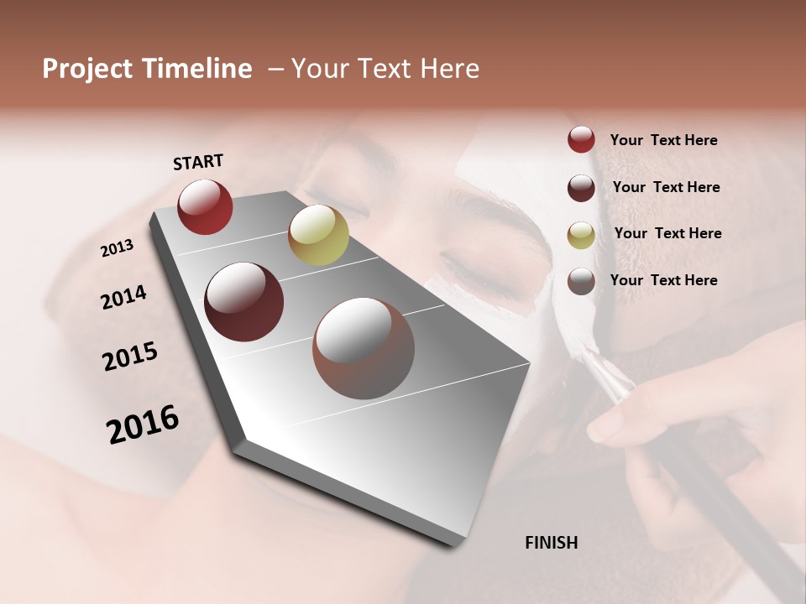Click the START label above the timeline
click(198, 162)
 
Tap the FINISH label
click(551, 543)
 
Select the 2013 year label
click(118, 248)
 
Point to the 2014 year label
click(123, 297)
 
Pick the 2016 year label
click(143, 424)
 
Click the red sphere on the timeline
click(205, 206)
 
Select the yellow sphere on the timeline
click(318, 235)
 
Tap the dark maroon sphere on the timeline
click(244, 302)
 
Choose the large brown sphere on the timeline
click(364, 348)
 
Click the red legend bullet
click(581, 140)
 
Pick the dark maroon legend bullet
click(581, 188)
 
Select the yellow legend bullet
click(581, 234)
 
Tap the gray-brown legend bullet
click(581, 281)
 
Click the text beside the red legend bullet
click(663, 140)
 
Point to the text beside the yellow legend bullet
click(667, 233)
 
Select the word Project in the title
click(87, 69)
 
